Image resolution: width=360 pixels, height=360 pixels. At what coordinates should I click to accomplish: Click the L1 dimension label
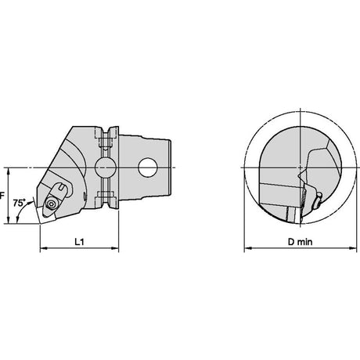pos(79,242)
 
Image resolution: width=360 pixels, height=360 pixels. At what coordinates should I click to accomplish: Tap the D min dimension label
pos(300,242)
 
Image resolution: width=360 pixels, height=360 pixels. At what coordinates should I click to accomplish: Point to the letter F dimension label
pos(2,195)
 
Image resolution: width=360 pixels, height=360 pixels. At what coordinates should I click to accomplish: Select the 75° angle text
pos(20,203)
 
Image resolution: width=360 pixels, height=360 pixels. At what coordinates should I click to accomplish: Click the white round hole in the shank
pos(147,167)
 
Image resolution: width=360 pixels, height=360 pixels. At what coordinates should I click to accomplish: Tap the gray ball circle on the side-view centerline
pos(106,167)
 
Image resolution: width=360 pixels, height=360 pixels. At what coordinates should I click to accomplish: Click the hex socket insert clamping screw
pos(50,203)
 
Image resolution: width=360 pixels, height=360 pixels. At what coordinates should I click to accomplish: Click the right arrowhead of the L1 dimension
pos(115,248)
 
